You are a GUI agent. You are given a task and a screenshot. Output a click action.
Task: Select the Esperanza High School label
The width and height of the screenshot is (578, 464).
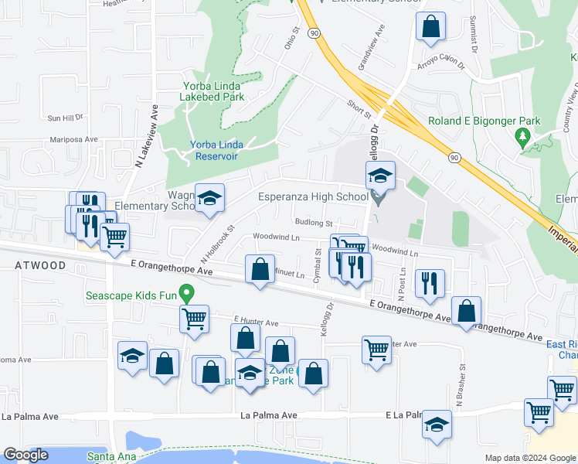tap(313, 196)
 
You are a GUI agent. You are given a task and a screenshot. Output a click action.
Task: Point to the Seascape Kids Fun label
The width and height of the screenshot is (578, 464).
tap(131, 295)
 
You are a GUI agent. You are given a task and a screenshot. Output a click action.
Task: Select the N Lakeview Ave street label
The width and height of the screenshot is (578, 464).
tap(141, 137)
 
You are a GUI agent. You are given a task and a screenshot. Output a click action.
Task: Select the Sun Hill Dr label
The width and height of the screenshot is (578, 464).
tap(65, 118)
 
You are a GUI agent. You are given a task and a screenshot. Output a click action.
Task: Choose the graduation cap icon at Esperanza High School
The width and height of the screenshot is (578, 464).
tap(379, 176)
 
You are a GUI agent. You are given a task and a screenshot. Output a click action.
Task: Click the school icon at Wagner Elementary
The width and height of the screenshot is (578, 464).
tap(209, 198)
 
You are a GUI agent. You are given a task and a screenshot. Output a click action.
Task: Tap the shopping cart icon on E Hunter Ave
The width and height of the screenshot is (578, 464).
tap(193, 318)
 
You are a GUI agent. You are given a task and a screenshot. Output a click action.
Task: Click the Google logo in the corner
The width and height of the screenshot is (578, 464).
tap(26, 455)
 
